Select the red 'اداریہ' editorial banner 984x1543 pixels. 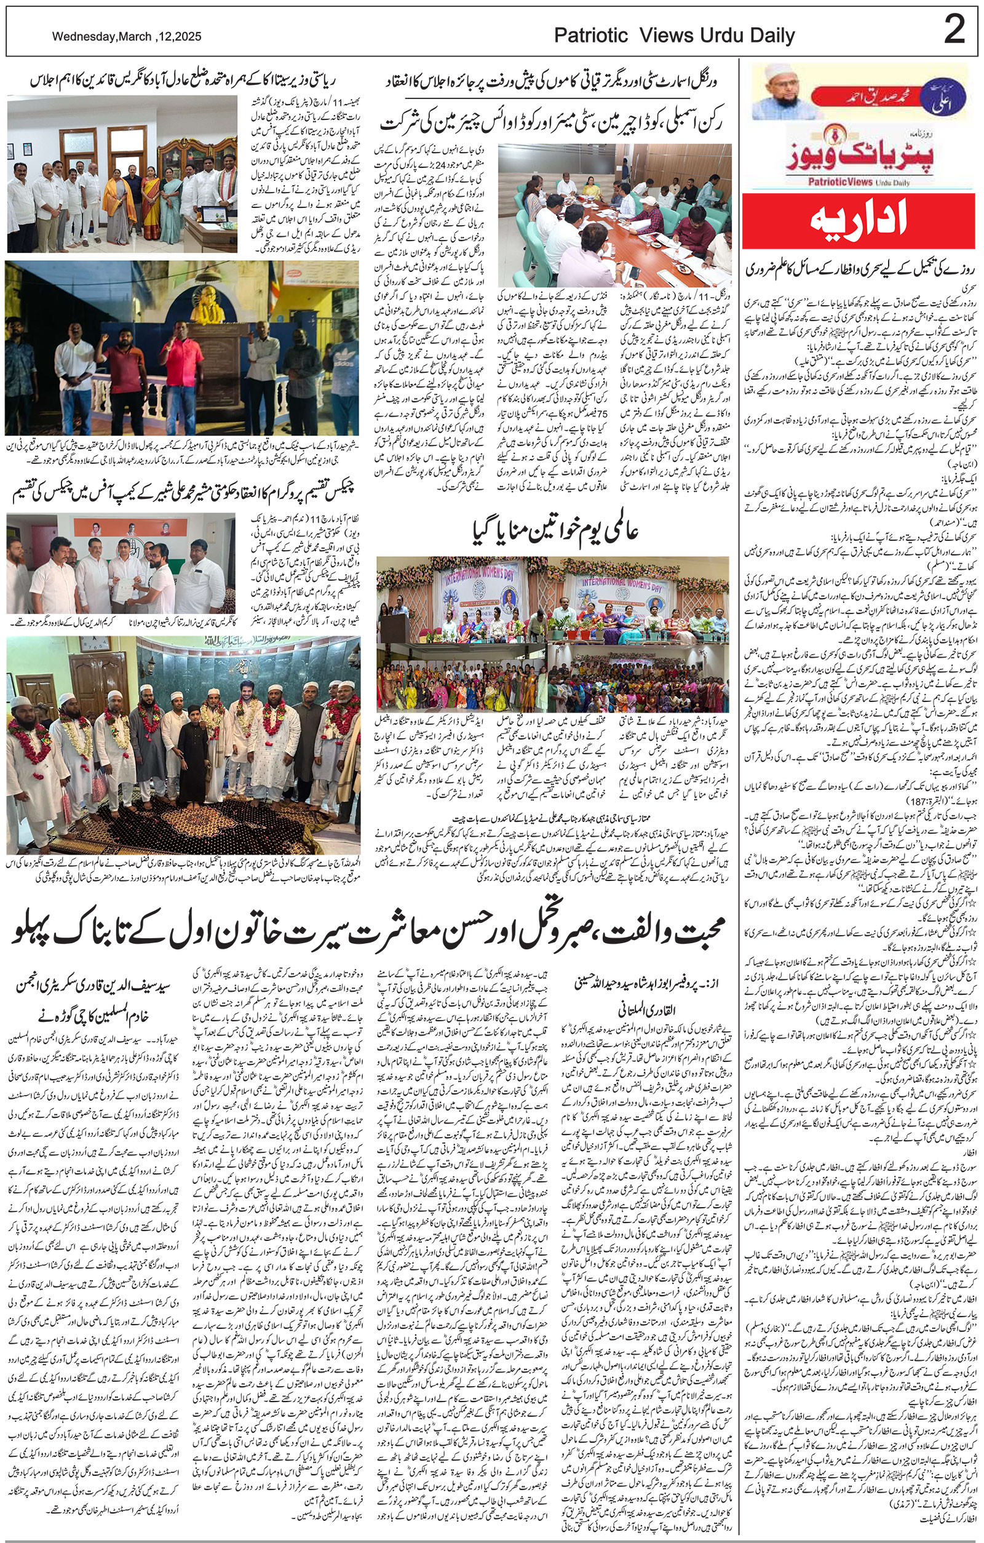pos(862,222)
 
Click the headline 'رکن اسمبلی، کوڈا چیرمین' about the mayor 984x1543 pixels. pos(551,122)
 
